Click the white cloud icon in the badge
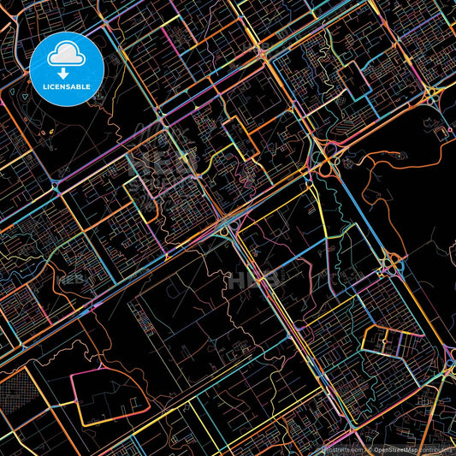click(66, 56)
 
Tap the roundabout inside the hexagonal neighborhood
click(395, 341)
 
